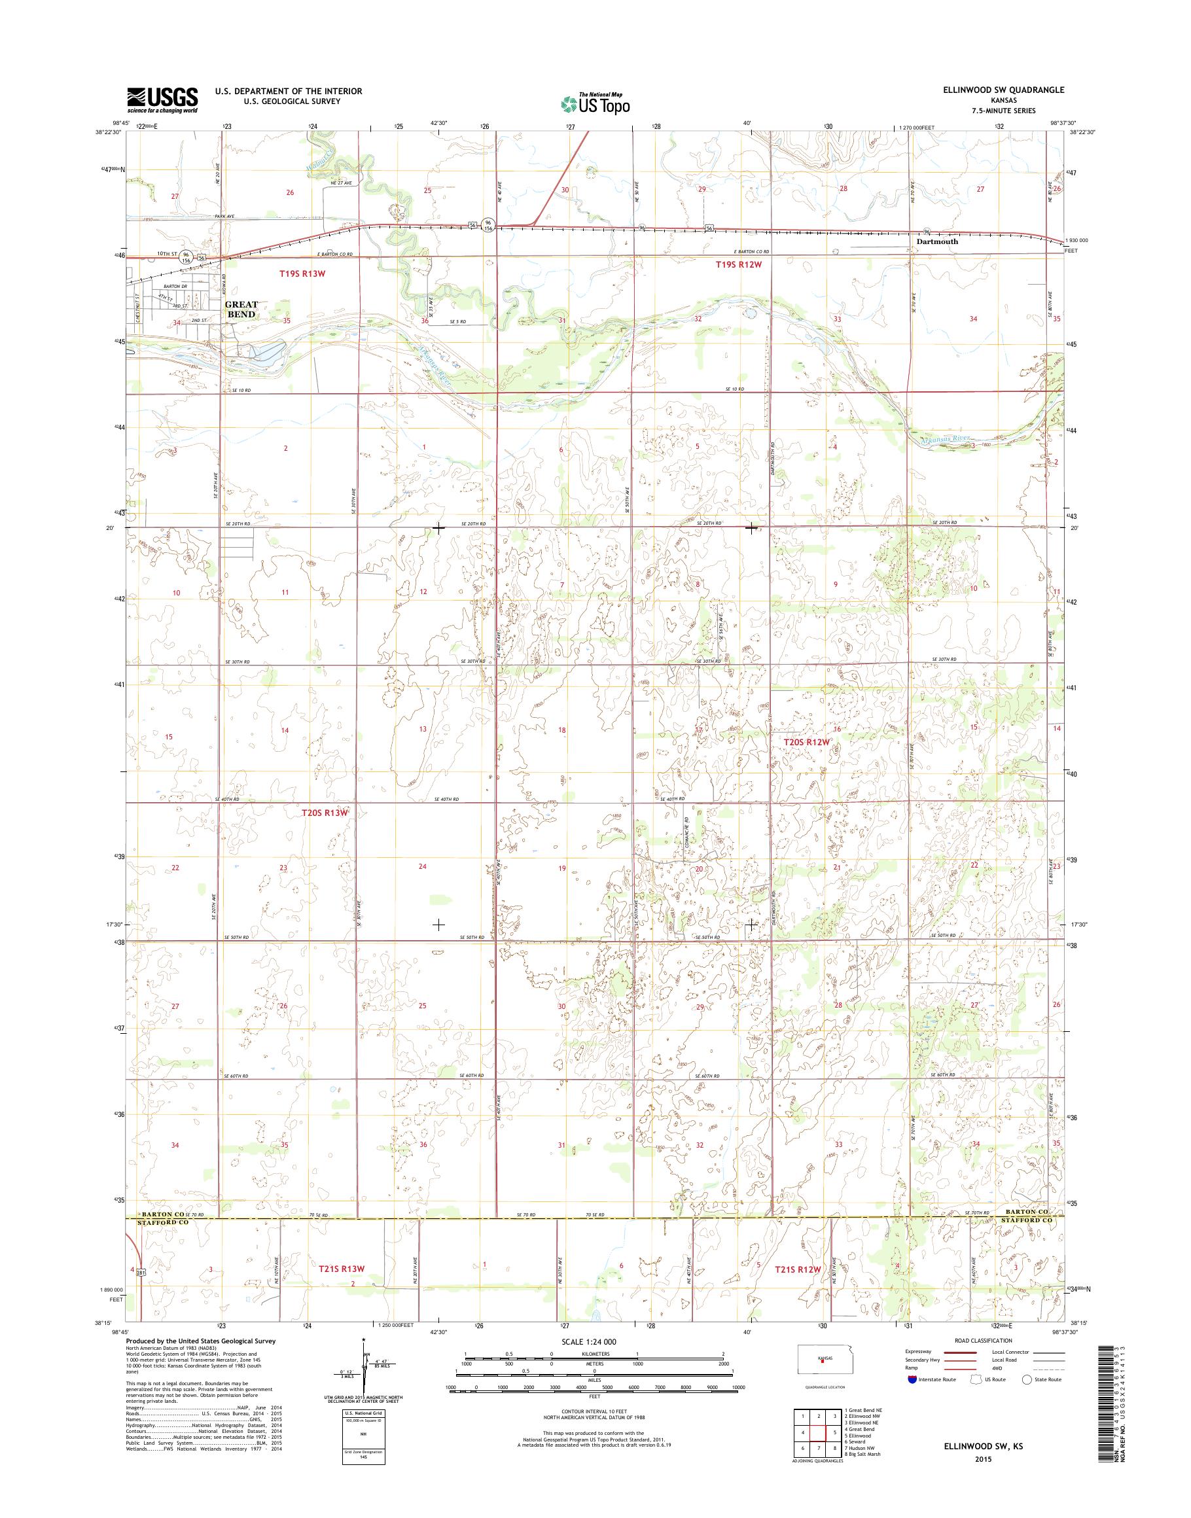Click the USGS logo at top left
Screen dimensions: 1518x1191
click(162, 100)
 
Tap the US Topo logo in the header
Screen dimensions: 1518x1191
click(595, 103)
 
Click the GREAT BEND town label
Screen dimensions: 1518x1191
click(241, 309)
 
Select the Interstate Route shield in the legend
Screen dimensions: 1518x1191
click(912, 1379)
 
